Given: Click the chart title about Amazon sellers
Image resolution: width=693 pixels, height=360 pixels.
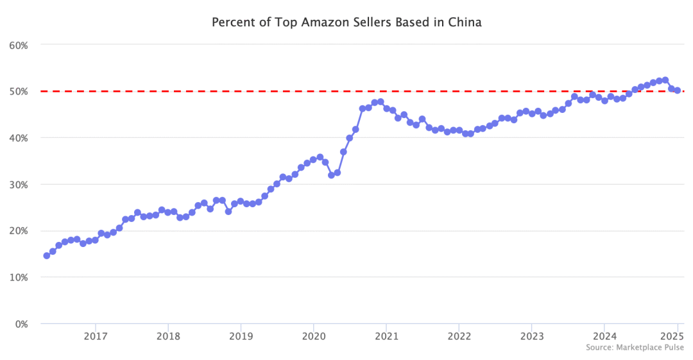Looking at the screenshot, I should point(346,22).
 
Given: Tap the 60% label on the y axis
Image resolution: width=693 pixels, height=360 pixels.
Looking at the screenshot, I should point(17,45).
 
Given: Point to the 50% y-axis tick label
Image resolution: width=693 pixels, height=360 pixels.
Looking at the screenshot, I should point(17,91).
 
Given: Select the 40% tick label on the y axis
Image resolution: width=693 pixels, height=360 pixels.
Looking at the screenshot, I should point(17,138).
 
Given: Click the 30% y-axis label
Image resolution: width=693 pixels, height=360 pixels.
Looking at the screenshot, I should point(17,184).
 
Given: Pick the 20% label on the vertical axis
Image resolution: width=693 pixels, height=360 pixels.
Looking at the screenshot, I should point(17,231).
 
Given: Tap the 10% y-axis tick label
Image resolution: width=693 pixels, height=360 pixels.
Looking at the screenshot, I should point(17,277).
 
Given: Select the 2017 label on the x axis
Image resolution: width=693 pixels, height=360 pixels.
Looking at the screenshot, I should point(95,336).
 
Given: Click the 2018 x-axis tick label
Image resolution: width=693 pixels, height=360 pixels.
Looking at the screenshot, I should point(167,336).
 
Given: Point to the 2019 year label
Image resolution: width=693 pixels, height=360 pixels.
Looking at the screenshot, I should point(240,336).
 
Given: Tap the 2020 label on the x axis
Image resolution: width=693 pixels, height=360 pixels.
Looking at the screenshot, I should point(313,336).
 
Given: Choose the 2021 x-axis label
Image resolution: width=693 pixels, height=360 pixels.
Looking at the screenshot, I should point(386,336).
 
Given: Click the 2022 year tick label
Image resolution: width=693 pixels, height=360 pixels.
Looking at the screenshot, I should point(459,336).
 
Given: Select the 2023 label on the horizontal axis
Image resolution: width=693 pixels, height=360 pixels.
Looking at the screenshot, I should point(531,336).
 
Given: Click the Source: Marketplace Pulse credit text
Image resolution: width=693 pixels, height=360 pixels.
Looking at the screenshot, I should point(635,347).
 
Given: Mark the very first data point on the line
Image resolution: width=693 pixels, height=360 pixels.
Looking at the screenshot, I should point(46,255).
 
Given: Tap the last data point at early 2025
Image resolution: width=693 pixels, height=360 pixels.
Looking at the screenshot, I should point(677,90).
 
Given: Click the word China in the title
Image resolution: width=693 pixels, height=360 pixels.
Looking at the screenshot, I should point(466,22).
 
